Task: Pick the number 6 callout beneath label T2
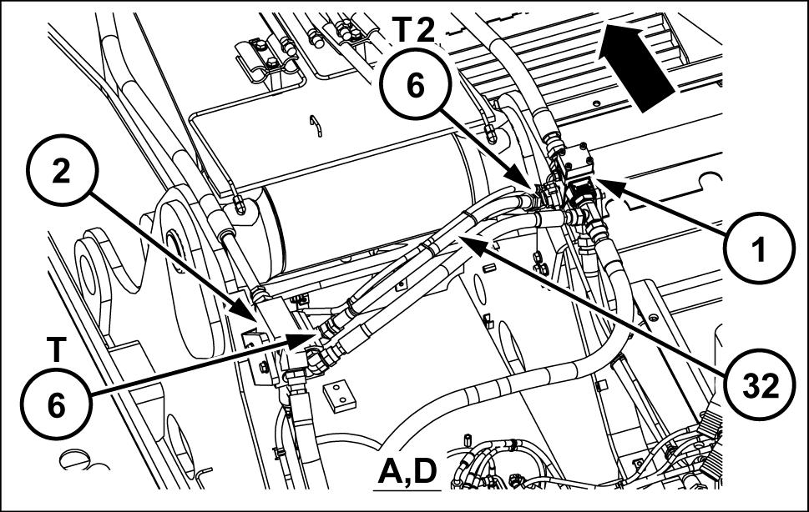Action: (416, 86)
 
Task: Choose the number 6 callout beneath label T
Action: (56, 406)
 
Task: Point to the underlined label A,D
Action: (407, 471)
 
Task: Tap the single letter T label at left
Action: (55, 350)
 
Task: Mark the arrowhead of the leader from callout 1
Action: (604, 183)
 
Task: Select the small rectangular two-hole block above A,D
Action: (338, 398)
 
